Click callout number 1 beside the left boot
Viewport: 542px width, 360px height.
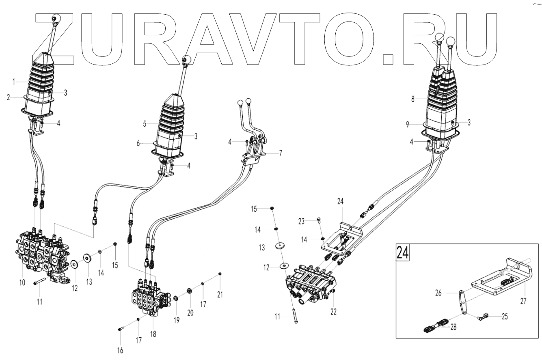point(14,82)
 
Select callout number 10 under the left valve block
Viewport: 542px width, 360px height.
point(22,282)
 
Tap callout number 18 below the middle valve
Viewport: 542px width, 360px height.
point(153,334)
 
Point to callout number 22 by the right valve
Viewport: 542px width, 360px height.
point(333,312)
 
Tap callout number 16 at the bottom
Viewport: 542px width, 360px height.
point(120,350)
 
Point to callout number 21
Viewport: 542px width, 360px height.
point(220,294)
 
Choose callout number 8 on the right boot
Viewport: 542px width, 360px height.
point(412,99)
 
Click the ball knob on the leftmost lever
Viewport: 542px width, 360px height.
point(56,18)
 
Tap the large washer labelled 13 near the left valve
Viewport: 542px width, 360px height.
point(88,258)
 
